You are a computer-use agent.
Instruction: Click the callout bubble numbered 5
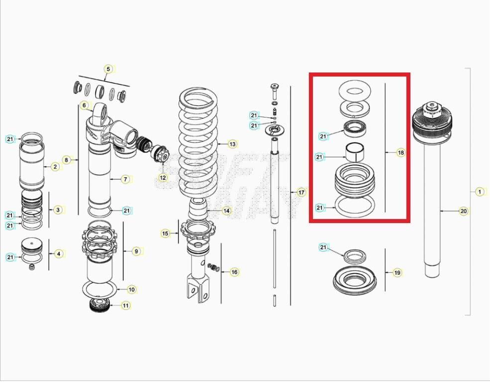coord(108,69)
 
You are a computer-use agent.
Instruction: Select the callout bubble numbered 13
coord(232,144)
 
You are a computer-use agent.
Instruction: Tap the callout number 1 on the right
coord(480,191)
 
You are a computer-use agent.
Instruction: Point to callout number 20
coord(463,211)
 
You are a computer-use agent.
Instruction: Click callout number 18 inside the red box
coord(400,153)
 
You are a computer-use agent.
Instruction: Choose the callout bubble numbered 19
coord(397,272)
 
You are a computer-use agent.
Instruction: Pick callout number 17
coord(301,192)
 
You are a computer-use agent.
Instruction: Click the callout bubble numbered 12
coord(163,177)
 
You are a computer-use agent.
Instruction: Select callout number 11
coord(125,306)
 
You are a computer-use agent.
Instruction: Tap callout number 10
coord(131,289)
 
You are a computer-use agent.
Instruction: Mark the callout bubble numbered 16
coord(234,272)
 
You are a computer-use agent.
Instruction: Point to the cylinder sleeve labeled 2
coord(32,166)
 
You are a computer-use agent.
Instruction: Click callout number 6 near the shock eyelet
coord(84,105)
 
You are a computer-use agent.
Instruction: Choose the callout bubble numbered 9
coord(136,251)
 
